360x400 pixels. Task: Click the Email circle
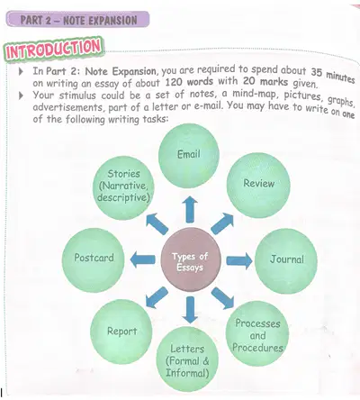coord(189,156)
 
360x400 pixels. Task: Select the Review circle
coord(258,185)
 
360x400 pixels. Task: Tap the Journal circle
coord(286,260)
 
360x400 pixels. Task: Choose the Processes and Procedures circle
coord(257,333)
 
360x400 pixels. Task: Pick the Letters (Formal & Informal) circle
coord(187,359)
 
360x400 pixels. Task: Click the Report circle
coord(121,332)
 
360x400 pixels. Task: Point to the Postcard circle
coord(94,259)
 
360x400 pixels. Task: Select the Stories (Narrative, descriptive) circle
coord(123,187)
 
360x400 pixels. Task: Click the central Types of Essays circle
coord(191,259)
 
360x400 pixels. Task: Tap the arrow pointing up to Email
coord(190,210)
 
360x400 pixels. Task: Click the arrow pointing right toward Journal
coord(239,260)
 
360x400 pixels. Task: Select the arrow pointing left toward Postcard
coord(143,259)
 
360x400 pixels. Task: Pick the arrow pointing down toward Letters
coord(190,310)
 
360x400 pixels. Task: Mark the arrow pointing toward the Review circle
coord(222,223)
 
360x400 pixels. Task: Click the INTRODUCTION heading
coord(54,50)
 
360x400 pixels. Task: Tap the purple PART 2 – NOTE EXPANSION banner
coord(77,19)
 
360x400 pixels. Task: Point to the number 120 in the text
coord(174,82)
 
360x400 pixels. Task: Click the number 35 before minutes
coord(317,72)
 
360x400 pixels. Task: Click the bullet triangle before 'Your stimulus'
coord(21,95)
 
